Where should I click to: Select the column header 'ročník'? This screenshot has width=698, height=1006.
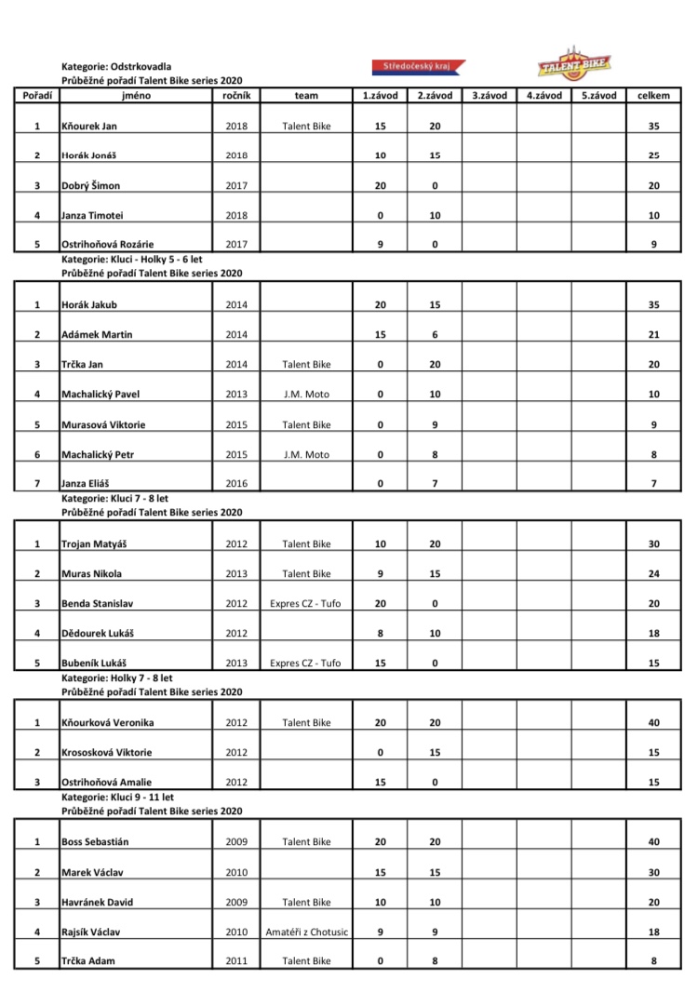coord(236,96)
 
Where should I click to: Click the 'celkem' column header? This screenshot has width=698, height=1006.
coord(653,96)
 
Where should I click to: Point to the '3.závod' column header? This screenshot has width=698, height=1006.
coord(489,96)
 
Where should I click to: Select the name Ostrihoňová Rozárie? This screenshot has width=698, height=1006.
coord(106,245)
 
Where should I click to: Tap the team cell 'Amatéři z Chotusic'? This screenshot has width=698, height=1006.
coord(306,932)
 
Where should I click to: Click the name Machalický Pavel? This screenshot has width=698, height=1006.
coord(100,395)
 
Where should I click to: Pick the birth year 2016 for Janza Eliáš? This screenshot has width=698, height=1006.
coord(236,484)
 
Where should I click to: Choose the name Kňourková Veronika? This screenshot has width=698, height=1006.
coord(107,722)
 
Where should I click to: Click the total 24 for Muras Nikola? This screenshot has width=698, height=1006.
coord(653,573)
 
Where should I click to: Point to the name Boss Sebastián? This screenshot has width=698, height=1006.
coord(94,842)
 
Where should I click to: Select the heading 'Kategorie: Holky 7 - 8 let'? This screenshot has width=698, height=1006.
coord(116,678)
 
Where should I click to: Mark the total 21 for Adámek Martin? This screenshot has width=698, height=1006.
coord(653,335)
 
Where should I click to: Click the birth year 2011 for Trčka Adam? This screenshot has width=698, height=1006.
coord(236,961)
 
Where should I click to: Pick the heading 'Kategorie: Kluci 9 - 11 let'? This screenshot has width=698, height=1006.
coord(117,798)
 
